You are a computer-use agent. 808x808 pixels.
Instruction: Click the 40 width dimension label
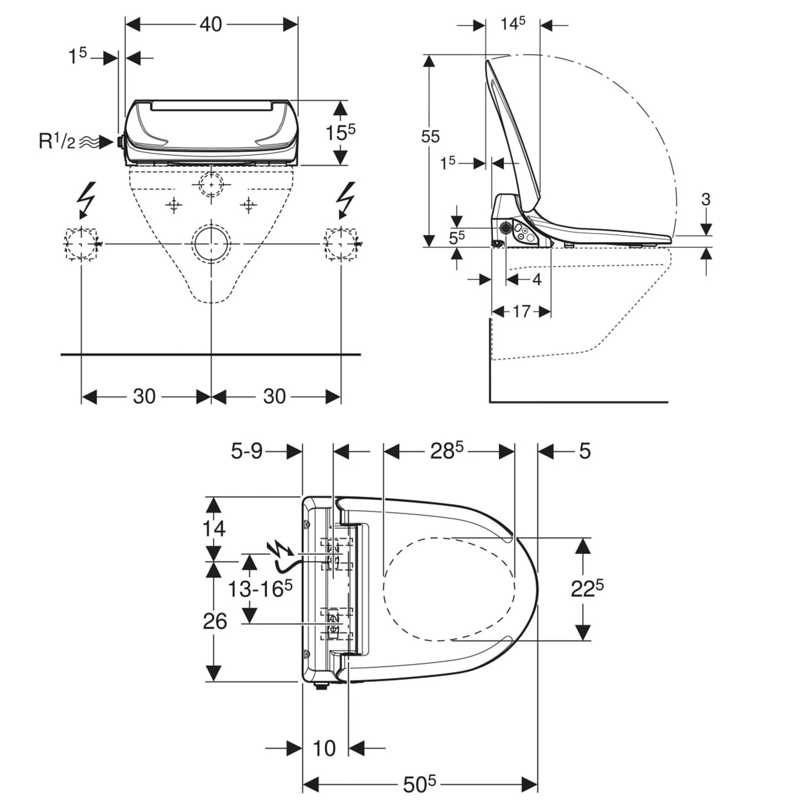211,24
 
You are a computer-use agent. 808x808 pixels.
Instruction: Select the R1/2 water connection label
57,141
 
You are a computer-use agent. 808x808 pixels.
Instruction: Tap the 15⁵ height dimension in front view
340,132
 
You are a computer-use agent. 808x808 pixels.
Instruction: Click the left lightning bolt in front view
86,199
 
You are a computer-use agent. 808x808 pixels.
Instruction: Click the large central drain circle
211,243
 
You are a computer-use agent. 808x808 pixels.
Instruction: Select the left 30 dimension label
144,396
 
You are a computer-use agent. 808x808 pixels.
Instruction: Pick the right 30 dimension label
274,396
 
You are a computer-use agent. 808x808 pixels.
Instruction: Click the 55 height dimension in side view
430,137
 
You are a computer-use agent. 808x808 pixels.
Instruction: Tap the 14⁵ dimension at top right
512,24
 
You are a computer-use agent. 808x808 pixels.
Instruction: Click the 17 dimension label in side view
521,311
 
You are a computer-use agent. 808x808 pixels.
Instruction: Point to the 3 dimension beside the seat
706,199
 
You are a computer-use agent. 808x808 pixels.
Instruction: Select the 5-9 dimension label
247,451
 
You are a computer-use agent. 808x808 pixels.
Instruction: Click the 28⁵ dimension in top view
447,451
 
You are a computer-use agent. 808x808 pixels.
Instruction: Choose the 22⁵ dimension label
587,588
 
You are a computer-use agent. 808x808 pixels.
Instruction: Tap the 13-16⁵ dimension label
260,589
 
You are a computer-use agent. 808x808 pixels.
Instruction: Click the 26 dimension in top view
214,621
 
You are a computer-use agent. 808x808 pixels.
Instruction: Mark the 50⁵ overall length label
419,784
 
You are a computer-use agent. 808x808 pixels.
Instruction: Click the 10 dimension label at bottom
324,748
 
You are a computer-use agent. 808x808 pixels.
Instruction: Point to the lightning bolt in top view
280,549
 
